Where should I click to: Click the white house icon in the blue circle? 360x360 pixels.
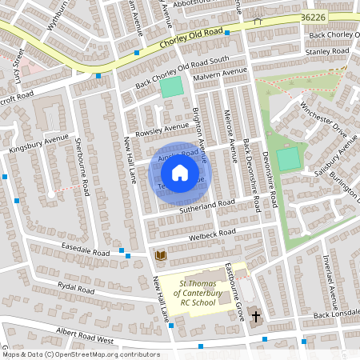180,172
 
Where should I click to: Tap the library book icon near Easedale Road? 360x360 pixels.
160,256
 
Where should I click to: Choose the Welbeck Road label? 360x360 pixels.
213,234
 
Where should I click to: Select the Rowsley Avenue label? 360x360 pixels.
161,130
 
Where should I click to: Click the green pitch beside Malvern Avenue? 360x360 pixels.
171,87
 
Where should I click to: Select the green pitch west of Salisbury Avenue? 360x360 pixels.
289,157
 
